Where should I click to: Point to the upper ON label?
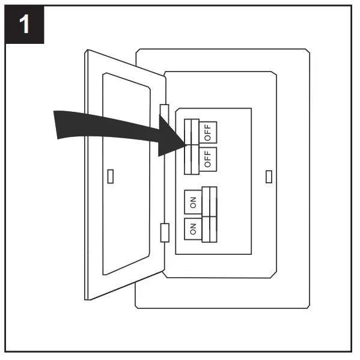pyautogui.click(x=193, y=203)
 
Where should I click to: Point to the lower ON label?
pyautogui.click(x=193, y=228)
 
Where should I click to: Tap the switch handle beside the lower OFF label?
pyautogui.click(x=191, y=159)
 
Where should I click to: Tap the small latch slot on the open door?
pyautogui.click(x=110, y=176)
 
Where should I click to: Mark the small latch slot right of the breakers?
pyautogui.click(x=268, y=176)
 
